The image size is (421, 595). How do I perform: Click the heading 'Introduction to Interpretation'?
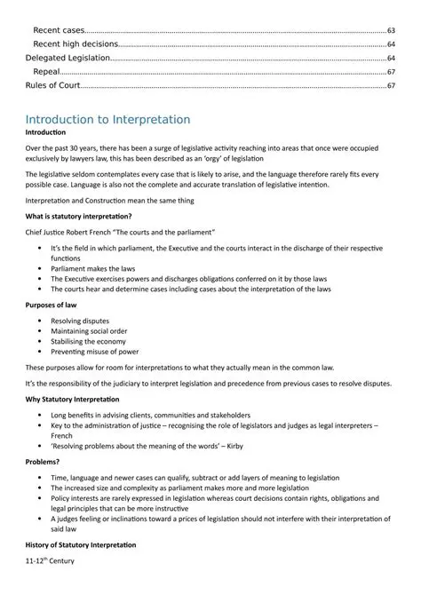(x=107, y=119)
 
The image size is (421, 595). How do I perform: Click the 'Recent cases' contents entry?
(x=59, y=30)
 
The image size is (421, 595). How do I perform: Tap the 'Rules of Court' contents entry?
(x=53, y=85)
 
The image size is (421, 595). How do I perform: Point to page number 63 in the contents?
(x=392, y=30)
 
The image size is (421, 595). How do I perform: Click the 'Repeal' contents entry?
(x=46, y=71)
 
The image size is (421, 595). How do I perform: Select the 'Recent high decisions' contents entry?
(x=75, y=44)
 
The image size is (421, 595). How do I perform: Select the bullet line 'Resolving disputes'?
(x=82, y=319)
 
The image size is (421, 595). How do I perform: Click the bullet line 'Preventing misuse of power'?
(x=96, y=353)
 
